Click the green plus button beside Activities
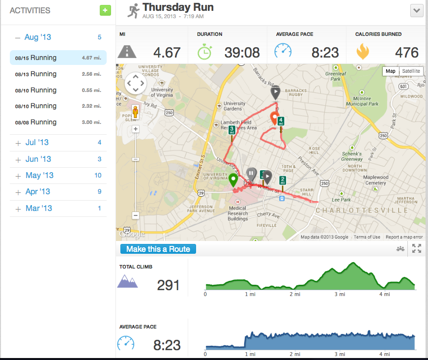pyautogui.click(x=105, y=10)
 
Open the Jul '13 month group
pyautogui.click(x=37, y=143)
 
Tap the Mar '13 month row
pyautogui.click(x=39, y=209)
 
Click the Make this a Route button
pyautogui.click(x=158, y=249)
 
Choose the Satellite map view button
pyautogui.click(x=411, y=71)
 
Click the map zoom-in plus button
pyautogui.click(x=136, y=129)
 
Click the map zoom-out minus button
pyautogui.click(x=136, y=215)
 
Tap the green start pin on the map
pyautogui.click(x=233, y=180)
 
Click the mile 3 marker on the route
pyautogui.click(x=231, y=130)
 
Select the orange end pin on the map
pyautogui.click(x=274, y=118)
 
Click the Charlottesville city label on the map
pyautogui.click(x=362, y=210)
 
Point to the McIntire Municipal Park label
pyautogui.click(x=362, y=101)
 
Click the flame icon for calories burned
pyautogui.click(x=363, y=52)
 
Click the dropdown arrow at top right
pyautogui.click(x=417, y=10)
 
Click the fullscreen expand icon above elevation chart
pyautogui.click(x=417, y=249)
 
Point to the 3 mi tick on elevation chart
pyautogui.click(x=340, y=294)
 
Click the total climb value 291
pyautogui.click(x=168, y=285)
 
